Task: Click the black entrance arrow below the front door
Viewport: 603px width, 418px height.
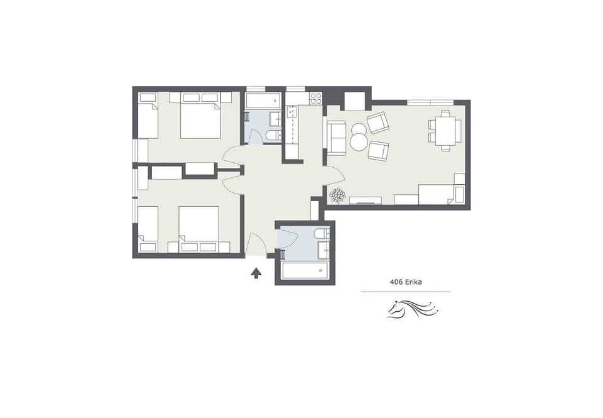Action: (256, 273)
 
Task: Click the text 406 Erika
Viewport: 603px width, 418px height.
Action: (406, 282)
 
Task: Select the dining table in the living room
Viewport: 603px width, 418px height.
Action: (445, 131)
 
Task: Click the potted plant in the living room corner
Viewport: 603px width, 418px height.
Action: (337, 195)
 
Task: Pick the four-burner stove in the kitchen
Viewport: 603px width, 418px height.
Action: (315, 98)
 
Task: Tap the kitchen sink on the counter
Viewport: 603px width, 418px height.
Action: (291, 113)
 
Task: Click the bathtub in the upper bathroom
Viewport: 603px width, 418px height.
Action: (263, 101)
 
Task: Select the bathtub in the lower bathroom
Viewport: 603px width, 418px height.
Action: (305, 270)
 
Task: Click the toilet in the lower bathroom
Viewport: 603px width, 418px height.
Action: (322, 234)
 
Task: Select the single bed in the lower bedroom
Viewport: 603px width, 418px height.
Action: (148, 228)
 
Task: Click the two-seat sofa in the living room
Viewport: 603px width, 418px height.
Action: (336, 138)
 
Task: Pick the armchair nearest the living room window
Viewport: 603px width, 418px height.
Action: (378, 122)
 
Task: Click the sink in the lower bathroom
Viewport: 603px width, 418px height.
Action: (323, 250)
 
